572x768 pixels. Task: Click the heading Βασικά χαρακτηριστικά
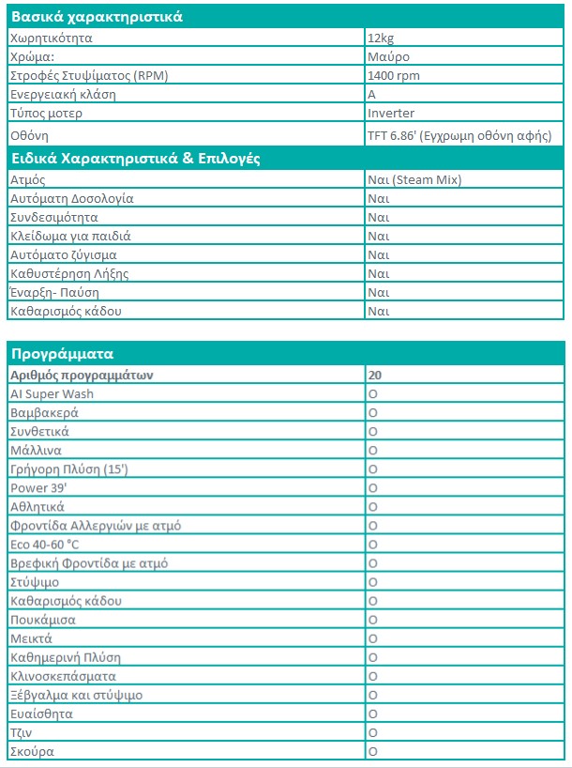[x=96, y=17]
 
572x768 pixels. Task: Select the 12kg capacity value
[x=381, y=38]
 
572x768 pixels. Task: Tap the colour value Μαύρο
[x=386, y=57]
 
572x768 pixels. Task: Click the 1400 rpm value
[x=395, y=76]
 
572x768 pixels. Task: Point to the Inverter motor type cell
[x=392, y=114]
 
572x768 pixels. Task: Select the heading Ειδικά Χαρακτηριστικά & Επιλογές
[x=134, y=158]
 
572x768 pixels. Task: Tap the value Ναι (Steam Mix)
[x=414, y=179]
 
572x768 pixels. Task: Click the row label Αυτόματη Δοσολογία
[x=71, y=198]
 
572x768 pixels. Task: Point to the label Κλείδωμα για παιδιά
[x=70, y=236]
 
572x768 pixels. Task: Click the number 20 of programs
[x=375, y=375]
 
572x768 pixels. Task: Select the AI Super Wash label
[x=52, y=393]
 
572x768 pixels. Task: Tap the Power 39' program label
[x=35, y=488]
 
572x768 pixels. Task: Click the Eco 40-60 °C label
[x=46, y=545]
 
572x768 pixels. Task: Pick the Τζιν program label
[x=22, y=733]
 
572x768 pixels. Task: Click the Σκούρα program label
[x=31, y=752]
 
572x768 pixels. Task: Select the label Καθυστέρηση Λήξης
[x=68, y=273]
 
